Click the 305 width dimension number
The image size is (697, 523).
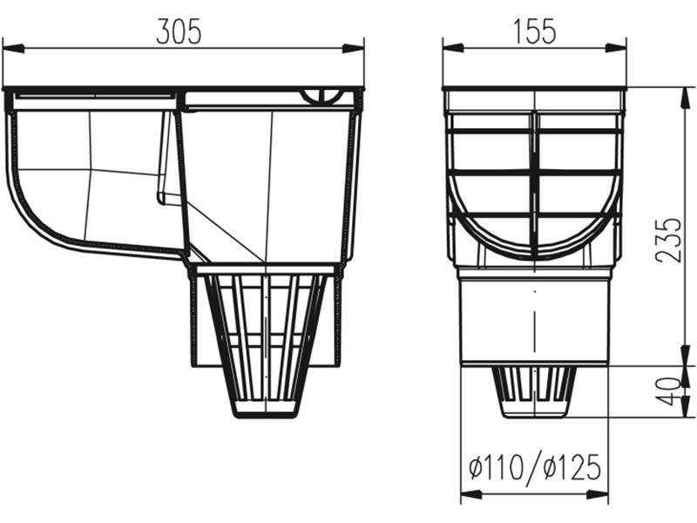179,31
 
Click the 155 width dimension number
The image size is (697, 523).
533,31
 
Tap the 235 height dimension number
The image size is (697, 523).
668,240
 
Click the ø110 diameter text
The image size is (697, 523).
496,468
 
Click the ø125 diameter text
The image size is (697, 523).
572,468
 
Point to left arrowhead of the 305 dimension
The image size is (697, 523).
10,48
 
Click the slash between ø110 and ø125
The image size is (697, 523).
533,469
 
